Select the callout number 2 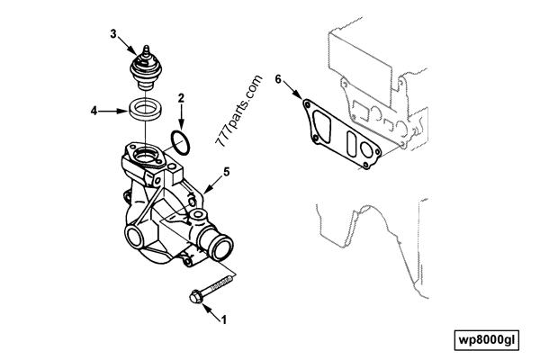[x=181, y=96]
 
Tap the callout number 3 [x=114, y=34]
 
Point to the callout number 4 [x=94, y=112]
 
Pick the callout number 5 [x=227, y=170]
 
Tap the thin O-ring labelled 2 [x=180, y=142]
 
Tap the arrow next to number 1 [x=212, y=310]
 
